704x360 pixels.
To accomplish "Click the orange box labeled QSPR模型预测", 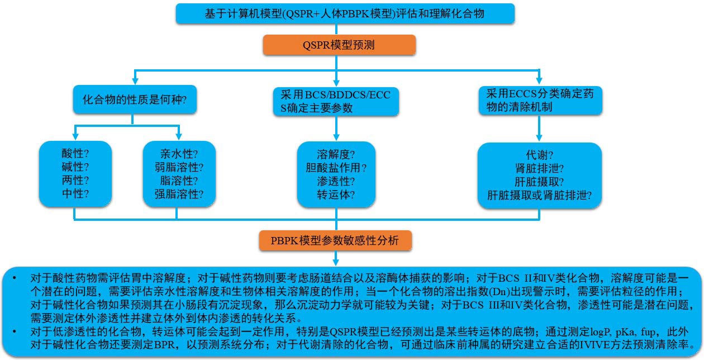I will point(339,45).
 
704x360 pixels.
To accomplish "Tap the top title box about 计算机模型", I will point(345,13).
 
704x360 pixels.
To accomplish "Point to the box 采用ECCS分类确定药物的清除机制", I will point(539,100).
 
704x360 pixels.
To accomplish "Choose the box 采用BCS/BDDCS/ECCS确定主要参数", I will point(335,101).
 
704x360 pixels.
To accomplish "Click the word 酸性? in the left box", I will point(75,153).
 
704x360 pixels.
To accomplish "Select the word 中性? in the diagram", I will point(75,194).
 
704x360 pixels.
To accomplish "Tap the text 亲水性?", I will point(179,153).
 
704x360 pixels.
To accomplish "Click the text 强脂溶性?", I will point(179,194).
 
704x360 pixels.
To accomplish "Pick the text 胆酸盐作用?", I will point(336,167).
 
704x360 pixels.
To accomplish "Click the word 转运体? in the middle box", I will point(336,195).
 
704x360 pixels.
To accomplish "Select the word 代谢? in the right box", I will point(539,154).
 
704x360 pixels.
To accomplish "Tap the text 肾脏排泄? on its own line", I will point(539,168).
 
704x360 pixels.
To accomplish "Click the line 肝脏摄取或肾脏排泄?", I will point(539,195).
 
